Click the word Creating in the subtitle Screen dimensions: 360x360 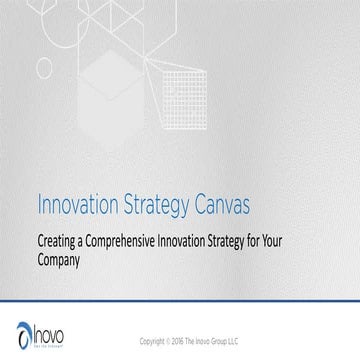pos(60,240)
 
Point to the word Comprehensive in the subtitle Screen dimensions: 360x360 pos(136,240)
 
